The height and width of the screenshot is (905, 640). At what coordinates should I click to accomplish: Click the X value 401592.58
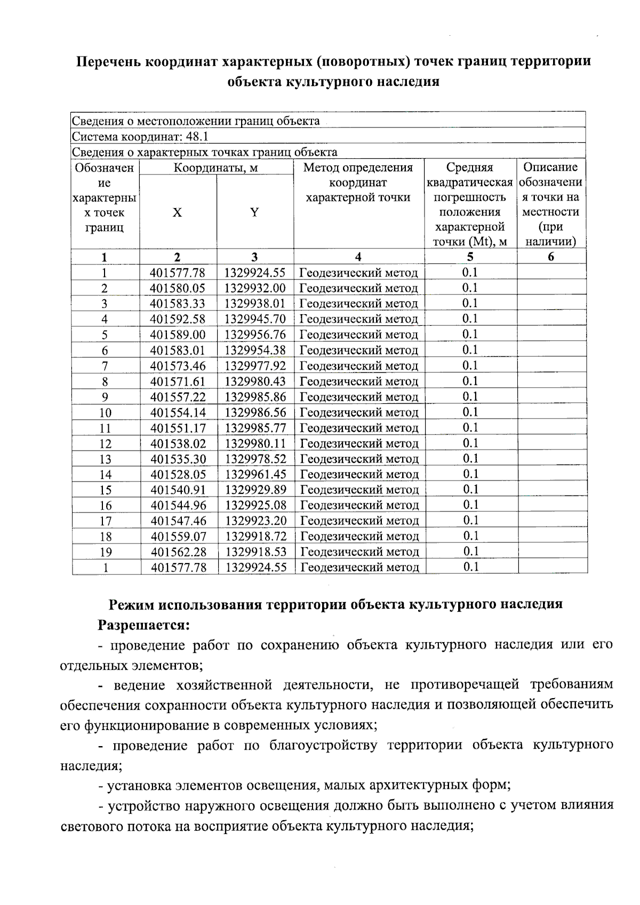pyautogui.click(x=178, y=319)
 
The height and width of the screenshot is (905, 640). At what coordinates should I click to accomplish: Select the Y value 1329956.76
pyautogui.click(x=255, y=335)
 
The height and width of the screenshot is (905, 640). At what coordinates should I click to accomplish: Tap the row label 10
pyautogui.click(x=105, y=413)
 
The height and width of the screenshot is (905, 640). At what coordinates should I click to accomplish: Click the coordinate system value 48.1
pyautogui.click(x=197, y=137)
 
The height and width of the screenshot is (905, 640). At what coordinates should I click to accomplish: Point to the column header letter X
pyautogui.click(x=177, y=212)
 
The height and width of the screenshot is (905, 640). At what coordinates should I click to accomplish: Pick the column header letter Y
pyautogui.click(x=254, y=212)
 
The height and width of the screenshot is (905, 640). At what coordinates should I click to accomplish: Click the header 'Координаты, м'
pyautogui.click(x=216, y=168)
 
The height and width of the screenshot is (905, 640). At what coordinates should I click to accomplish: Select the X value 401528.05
pyautogui.click(x=178, y=475)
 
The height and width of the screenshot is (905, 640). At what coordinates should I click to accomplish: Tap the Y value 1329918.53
pyautogui.click(x=255, y=552)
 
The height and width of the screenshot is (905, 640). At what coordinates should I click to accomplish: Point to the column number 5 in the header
pyautogui.click(x=470, y=257)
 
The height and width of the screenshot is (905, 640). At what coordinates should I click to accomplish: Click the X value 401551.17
pyautogui.click(x=178, y=428)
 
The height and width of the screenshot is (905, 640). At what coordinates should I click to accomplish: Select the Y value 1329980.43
pyautogui.click(x=255, y=382)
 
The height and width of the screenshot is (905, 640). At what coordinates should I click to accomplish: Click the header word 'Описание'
pyautogui.click(x=550, y=167)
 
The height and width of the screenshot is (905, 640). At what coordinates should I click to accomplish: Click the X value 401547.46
pyautogui.click(x=178, y=521)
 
